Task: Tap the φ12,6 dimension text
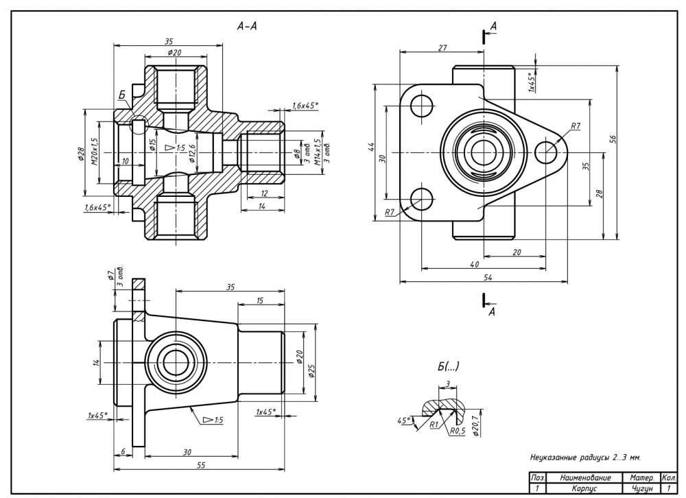coord(193,152)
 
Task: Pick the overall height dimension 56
coord(614,137)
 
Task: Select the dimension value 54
coord(488,277)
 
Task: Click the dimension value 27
coord(442,47)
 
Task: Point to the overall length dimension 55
coord(200,465)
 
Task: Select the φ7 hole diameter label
coord(110,276)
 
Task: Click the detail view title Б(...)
coord(448,367)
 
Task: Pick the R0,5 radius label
coord(458,431)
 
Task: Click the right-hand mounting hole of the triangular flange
coord(547,152)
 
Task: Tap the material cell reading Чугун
coord(639,489)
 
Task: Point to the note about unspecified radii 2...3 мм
coord(585,456)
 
